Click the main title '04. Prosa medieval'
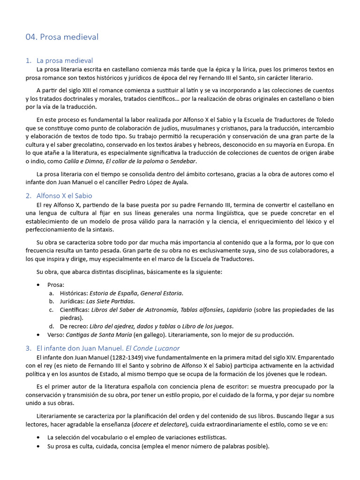tap(62, 37)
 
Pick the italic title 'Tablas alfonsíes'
tap(200, 309)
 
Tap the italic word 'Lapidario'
tap(238, 309)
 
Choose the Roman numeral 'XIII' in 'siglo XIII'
tap(86, 90)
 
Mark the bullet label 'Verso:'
tap(56, 335)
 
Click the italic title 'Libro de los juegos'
tap(206, 326)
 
